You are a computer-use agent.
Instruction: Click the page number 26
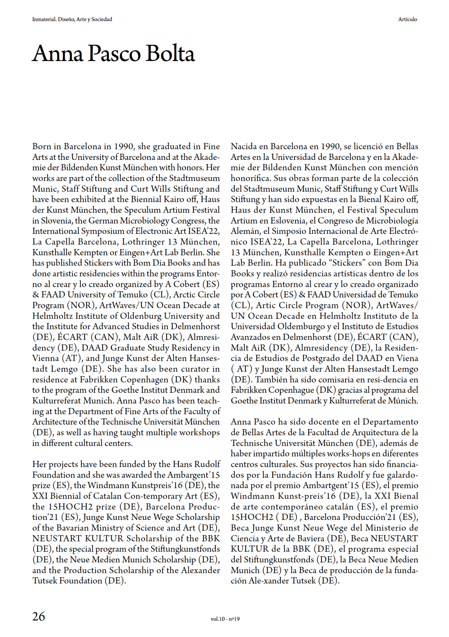39,616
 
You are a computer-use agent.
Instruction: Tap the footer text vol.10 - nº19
225,619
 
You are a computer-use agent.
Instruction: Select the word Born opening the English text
41,146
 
